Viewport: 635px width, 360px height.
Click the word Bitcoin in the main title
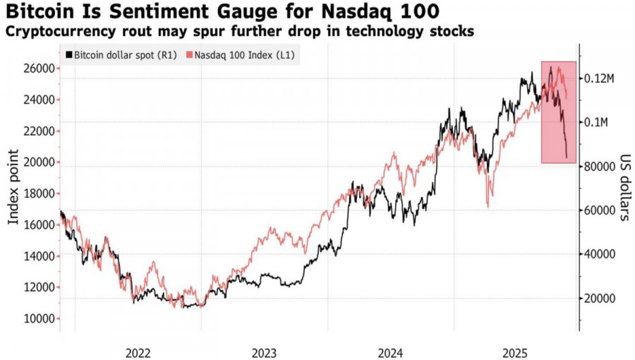tap(35, 12)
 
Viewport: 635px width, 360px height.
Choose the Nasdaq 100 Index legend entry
tap(243, 54)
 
